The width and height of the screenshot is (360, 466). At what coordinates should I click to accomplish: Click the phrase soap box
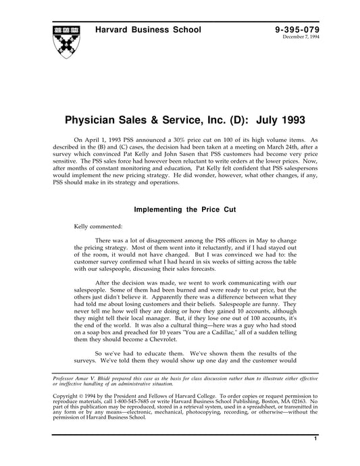97,334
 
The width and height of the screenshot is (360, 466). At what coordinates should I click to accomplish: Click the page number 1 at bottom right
315,458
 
